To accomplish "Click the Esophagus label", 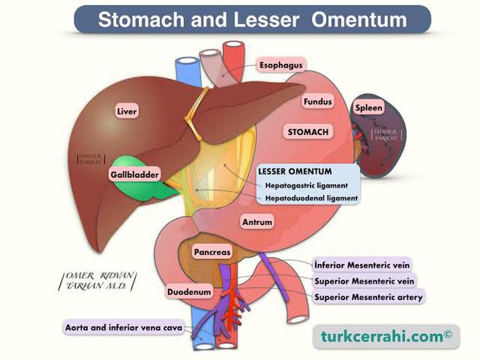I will pos(280,65).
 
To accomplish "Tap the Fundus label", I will pos(317,102).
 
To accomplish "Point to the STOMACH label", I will pos(308,132).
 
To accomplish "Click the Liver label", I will pos(127,111).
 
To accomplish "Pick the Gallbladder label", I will pos(134,174).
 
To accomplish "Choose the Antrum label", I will pos(257,222).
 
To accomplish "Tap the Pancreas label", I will pos(212,251).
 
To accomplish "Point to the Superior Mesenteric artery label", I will pos(368,297).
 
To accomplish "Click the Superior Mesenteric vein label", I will pos(363,282).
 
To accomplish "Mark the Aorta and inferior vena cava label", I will pos(124,328).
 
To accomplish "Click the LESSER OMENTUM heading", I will pos(295,172).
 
